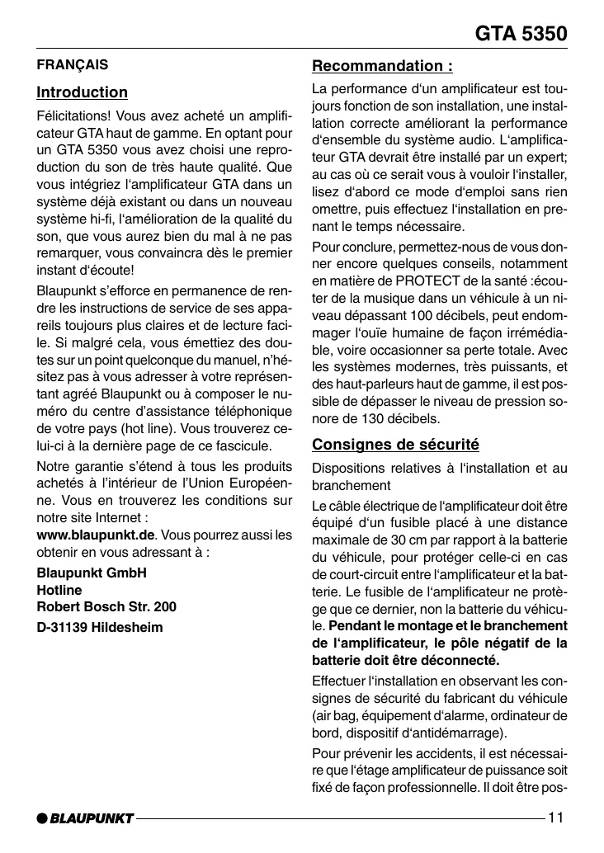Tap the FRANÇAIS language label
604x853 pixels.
[73, 64]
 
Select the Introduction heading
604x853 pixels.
[83, 92]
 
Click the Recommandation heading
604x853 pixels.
[382, 66]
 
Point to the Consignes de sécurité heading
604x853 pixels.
[395, 445]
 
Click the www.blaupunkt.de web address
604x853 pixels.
[97, 535]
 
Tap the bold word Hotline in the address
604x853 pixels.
[59, 591]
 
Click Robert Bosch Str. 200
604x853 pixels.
[106, 608]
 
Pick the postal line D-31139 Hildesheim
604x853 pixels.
[100, 627]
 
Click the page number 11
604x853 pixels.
[555, 818]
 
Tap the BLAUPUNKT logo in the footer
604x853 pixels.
[85, 818]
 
